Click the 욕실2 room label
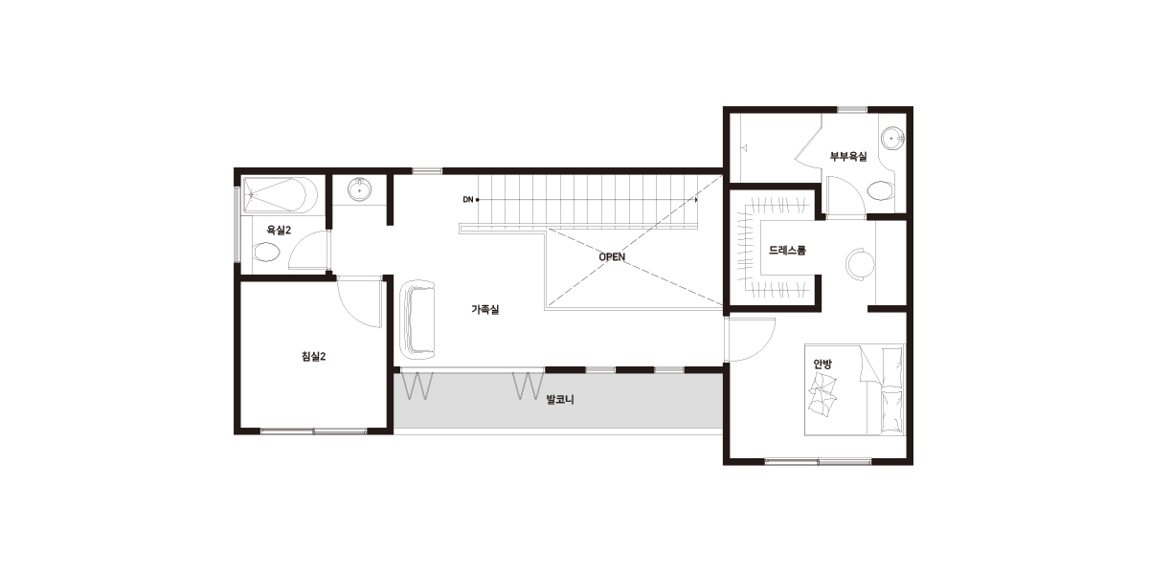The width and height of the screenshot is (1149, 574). [279, 231]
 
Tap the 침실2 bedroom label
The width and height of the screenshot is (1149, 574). [313, 356]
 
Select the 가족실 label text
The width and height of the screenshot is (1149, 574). [484, 310]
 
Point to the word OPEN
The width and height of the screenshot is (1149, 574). [612, 256]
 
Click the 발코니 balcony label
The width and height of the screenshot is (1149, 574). [560, 399]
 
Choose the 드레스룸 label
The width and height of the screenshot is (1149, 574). [787, 250]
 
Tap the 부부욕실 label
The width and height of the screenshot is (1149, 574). [848, 156]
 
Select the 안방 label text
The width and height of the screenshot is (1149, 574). [822, 364]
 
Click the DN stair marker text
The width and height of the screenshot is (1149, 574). [468, 199]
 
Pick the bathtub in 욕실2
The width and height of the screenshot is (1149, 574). [280, 195]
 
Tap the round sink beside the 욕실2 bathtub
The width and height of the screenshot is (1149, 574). [360, 189]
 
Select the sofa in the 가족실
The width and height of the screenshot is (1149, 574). [417, 320]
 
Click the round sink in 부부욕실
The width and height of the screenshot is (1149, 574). [892, 139]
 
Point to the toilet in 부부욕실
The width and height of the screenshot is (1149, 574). [881, 190]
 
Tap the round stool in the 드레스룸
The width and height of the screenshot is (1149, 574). [860, 264]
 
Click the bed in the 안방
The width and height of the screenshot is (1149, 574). [854, 389]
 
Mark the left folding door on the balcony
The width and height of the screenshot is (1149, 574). [417, 386]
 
